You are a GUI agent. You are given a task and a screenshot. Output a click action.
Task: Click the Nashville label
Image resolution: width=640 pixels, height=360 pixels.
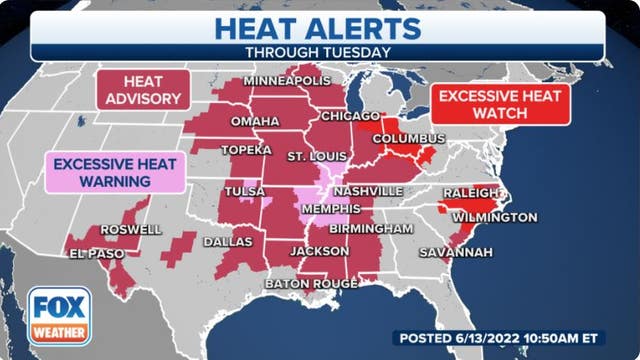(370, 190)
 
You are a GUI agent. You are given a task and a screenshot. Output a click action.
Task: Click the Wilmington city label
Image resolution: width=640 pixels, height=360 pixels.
(494, 217)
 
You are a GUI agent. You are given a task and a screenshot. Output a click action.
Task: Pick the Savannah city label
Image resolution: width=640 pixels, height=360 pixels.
(455, 251)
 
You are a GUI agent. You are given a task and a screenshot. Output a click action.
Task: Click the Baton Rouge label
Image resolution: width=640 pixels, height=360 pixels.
(311, 284)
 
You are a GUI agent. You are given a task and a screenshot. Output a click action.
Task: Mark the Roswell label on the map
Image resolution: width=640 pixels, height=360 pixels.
(132, 229)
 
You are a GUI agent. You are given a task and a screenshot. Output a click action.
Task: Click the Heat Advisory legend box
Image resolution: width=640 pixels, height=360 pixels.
(141, 90)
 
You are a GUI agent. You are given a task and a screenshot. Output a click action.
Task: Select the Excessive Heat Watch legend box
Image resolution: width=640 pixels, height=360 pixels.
(500, 103)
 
